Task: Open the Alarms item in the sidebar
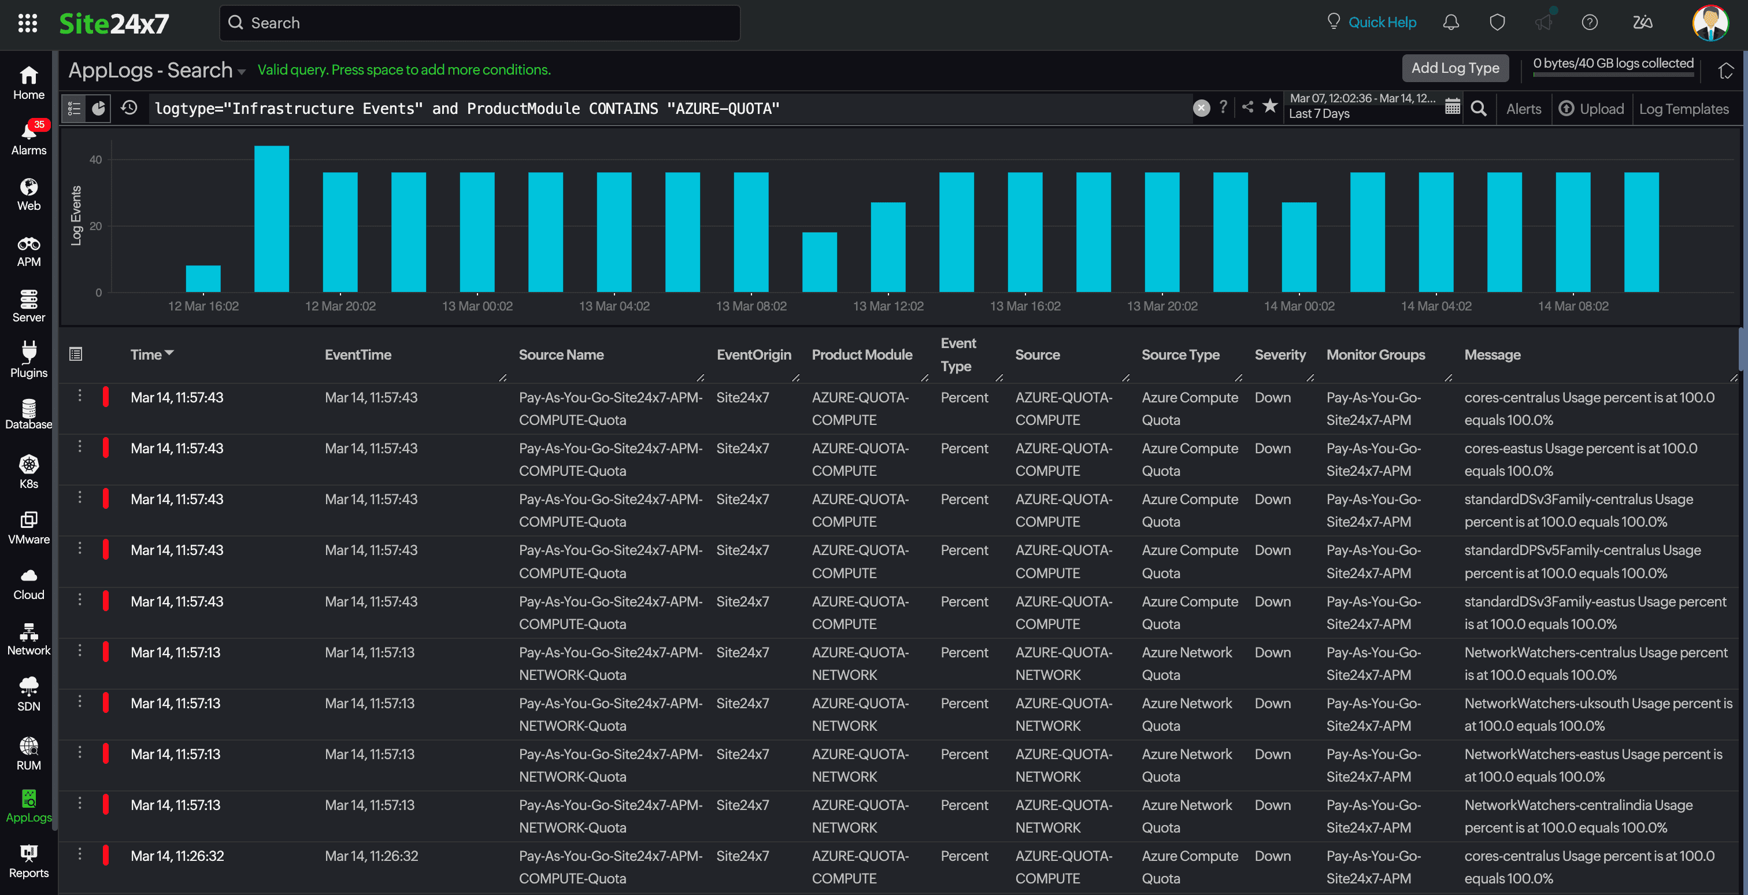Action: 28,138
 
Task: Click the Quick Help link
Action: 1382,23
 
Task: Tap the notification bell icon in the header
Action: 1451,23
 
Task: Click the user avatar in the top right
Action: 1709,23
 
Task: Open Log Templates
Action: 1683,109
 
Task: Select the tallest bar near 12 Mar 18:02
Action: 272,219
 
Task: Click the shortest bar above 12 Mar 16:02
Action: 203,279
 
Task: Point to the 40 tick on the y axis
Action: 96,160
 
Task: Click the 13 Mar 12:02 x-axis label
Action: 887,306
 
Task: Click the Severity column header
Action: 1280,354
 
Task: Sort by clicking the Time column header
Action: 147,354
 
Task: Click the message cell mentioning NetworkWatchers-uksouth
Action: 1597,715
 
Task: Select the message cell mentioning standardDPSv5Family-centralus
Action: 1582,561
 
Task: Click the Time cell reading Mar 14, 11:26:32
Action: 177,856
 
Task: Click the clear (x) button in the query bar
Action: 1201,108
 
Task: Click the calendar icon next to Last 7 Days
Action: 1452,107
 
